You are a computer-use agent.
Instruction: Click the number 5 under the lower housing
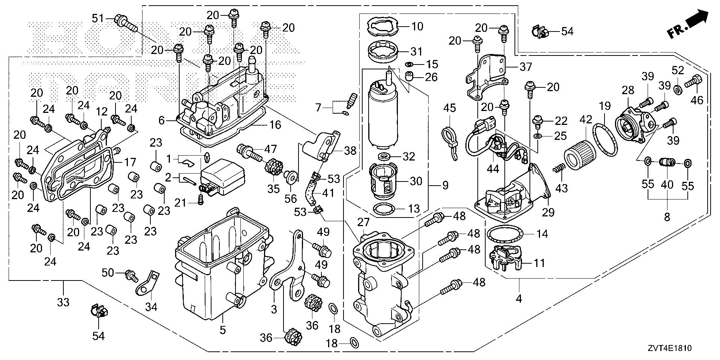point(223,330)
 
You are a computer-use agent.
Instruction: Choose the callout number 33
point(63,301)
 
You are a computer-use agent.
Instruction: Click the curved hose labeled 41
point(310,192)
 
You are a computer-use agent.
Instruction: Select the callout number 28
point(628,90)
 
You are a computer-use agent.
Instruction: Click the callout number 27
point(363,223)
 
